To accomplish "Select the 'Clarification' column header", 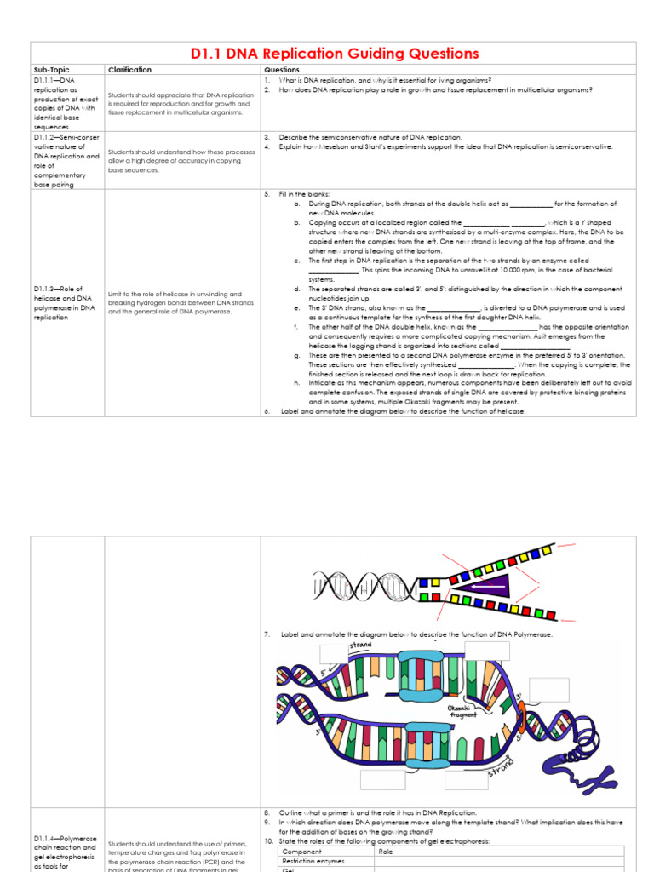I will (x=130, y=70).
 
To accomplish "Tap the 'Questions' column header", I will (x=282, y=70).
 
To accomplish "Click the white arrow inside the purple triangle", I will (x=489, y=586).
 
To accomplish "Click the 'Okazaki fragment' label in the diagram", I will (x=463, y=711).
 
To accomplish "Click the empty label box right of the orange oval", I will (x=548, y=690).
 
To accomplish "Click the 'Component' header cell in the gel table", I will (x=301, y=852).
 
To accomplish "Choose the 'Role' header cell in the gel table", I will (x=386, y=852).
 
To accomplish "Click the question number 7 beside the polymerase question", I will (x=267, y=634).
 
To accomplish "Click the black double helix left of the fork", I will (x=370, y=586).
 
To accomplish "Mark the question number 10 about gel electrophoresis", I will (x=267, y=841).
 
